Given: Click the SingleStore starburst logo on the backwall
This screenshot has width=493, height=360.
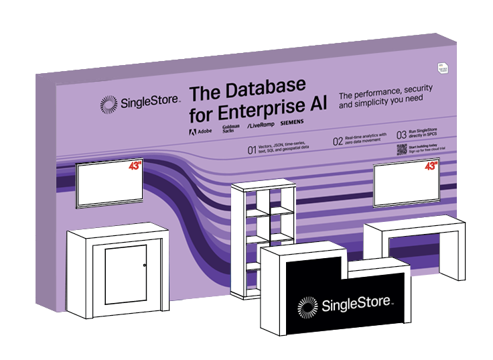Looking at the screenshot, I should point(108,104).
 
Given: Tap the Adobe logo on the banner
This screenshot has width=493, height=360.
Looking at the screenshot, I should point(198,131).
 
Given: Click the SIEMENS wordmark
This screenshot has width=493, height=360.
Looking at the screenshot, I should point(291,123).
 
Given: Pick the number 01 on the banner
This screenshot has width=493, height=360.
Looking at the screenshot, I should point(252,151).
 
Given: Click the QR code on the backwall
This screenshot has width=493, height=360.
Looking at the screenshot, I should point(401,149).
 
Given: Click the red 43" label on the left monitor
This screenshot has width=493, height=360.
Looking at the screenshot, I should point(136,166).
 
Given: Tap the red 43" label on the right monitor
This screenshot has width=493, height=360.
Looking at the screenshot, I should point(431,165).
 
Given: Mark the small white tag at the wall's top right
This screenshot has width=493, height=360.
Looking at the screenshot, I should point(442,66).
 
